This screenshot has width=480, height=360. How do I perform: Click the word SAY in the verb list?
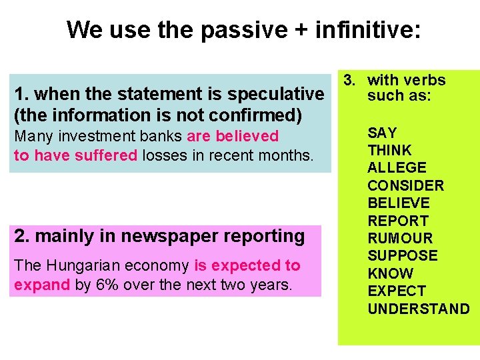[x=382, y=133]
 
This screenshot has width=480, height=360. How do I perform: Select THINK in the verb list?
[x=390, y=151]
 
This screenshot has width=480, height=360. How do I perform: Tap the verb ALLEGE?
[x=397, y=168]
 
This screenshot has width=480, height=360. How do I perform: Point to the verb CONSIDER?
[x=405, y=185]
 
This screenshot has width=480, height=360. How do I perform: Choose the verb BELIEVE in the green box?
[x=399, y=203]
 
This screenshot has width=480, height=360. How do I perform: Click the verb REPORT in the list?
[x=398, y=221]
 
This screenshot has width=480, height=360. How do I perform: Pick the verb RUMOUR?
[x=400, y=238]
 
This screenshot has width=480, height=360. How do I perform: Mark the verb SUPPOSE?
[x=403, y=256]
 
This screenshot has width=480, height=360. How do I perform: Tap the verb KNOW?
[x=391, y=273]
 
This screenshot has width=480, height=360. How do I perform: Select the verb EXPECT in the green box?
[x=397, y=291]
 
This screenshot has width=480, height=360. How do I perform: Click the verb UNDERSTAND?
[x=419, y=309]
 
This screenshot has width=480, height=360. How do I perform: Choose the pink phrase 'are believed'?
[x=233, y=136]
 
